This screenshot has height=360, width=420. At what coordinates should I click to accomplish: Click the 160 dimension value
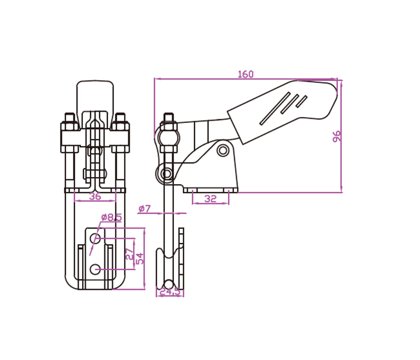245,74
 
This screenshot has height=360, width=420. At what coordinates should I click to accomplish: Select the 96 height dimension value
337,136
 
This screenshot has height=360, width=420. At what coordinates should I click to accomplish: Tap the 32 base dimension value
210,199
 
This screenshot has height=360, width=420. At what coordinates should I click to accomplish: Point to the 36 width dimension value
95,196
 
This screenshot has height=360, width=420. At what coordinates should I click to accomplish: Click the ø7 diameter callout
145,209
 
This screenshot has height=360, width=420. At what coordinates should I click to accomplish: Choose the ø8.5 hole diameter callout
111,217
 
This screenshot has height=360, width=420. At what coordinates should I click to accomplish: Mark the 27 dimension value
128,254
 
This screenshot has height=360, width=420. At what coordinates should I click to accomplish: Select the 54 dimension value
139,259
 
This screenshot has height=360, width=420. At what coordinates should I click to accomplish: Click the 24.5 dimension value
171,292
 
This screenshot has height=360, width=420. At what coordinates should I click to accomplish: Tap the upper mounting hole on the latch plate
95,239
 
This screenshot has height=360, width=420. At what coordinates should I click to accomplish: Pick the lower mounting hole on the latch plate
95,269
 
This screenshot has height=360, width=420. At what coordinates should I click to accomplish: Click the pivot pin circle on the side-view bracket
223,149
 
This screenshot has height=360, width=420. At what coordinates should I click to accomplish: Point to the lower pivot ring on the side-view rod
166,175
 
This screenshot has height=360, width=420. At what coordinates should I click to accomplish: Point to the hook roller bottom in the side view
170,283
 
